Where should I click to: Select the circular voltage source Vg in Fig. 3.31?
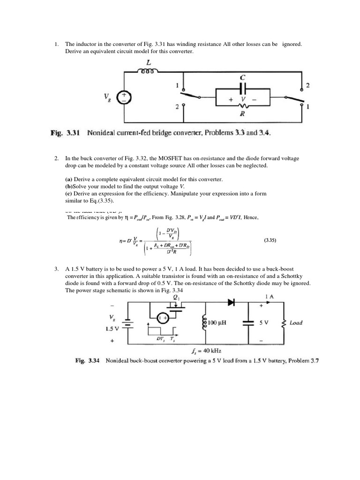pos(124,97)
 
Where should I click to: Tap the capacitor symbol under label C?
pos(243,88)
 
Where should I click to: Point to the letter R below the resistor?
pos(243,113)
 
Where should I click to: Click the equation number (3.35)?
pos(271,240)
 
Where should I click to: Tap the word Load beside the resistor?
pos(296,323)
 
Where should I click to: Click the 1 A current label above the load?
pos(270,296)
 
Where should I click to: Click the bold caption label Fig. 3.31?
pos(64,133)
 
